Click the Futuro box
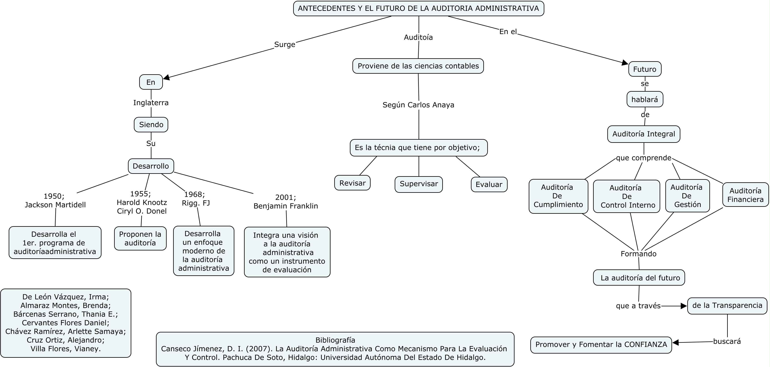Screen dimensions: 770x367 click(645, 69)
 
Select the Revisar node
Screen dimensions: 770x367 click(352, 183)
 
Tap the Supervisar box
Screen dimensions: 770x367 click(419, 184)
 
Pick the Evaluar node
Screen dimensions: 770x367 click(489, 184)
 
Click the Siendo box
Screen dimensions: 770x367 click(151, 124)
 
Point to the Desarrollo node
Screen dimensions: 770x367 click(151, 166)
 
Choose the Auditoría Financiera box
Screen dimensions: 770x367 click(746, 195)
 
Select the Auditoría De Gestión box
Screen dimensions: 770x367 click(687, 196)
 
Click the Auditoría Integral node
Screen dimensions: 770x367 click(644, 134)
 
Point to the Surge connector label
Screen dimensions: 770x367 click(285, 45)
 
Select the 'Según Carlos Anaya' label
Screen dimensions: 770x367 click(419, 105)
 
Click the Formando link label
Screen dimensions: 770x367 click(639, 254)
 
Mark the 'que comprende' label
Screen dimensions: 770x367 click(644, 158)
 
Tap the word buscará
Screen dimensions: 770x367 click(727, 341)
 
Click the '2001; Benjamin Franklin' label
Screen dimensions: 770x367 click(286, 202)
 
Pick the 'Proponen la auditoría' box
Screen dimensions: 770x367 click(140, 238)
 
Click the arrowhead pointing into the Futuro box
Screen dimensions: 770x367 click(625, 63)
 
